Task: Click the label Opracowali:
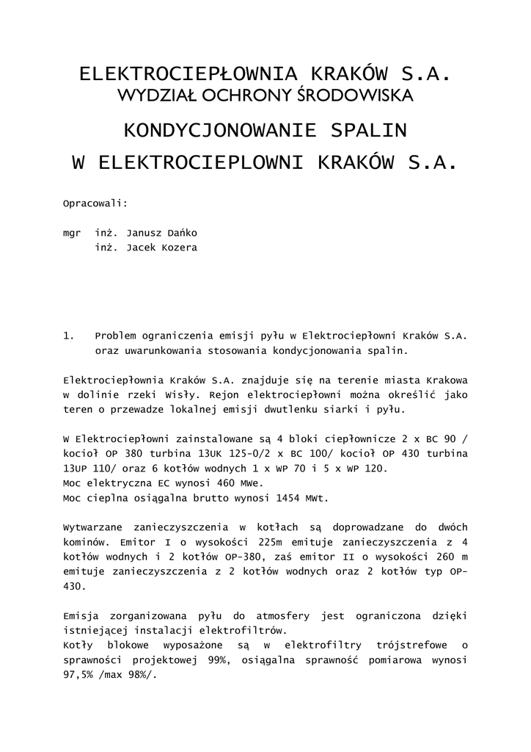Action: point(95,202)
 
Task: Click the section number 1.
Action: point(70,336)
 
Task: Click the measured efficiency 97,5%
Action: point(82,674)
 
